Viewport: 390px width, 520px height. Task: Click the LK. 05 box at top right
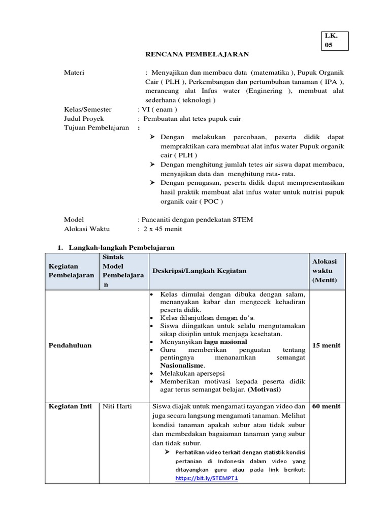click(335, 41)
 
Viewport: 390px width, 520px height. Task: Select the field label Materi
click(74, 72)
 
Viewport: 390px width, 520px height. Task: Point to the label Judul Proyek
click(84, 118)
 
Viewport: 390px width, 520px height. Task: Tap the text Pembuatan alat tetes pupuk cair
click(192, 118)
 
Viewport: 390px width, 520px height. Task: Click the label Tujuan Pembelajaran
click(96, 127)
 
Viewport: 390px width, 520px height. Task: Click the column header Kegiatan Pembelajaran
click(71, 271)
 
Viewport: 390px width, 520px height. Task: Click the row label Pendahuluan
click(70, 345)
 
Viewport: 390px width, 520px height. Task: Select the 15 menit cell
click(326, 345)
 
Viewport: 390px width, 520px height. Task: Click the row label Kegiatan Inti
click(70, 406)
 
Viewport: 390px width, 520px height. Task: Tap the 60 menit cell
click(326, 406)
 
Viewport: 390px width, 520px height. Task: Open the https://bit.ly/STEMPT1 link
click(200, 478)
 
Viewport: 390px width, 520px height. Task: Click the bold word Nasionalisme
click(182, 365)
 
